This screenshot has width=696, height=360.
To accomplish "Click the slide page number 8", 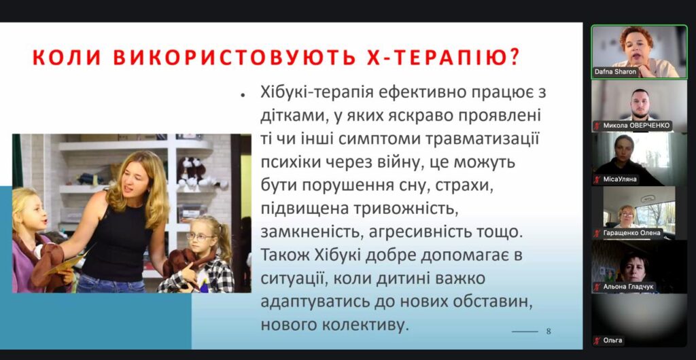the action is click(549, 331).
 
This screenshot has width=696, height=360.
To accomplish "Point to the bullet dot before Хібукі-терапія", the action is click(243, 95).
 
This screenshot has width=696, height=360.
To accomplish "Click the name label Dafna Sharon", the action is click(615, 72).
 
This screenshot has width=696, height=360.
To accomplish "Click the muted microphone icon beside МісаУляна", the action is click(597, 179).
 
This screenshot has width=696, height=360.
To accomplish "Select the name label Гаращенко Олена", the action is click(632, 233).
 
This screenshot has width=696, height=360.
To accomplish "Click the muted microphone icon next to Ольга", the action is click(597, 341).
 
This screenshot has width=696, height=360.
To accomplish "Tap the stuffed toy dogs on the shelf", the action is click(194, 172).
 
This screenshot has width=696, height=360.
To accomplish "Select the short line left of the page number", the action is click(525, 331).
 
